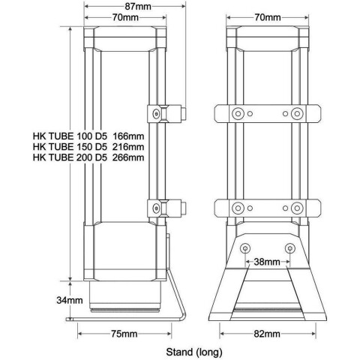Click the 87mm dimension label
[138, 7]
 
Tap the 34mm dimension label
[70, 300]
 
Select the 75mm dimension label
[124, 334]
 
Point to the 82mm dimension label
[267, 334]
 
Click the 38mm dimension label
[267, 262]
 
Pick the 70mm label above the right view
[268, 17]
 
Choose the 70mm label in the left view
[125, 17]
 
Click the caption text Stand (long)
[194, 352]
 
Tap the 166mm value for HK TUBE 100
[128, 136]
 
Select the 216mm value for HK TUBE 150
[128, 147]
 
